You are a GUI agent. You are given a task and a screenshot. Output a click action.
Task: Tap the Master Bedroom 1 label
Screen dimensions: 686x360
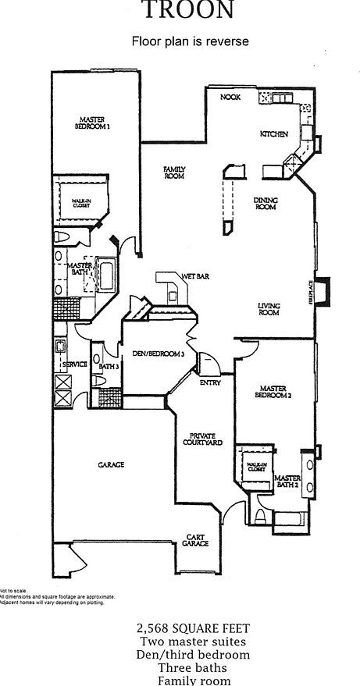92,122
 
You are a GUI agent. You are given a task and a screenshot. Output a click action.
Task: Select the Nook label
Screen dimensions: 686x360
230,97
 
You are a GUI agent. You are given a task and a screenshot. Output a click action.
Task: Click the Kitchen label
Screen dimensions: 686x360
274,134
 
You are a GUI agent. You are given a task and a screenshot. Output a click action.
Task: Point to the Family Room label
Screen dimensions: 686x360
173,172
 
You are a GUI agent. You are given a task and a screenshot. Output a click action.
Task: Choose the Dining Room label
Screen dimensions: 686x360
266,204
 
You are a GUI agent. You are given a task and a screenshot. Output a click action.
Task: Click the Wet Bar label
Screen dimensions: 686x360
195,276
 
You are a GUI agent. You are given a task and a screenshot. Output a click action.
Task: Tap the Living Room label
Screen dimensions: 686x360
269,308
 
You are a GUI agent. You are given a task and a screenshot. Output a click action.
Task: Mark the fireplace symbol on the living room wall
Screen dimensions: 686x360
323,290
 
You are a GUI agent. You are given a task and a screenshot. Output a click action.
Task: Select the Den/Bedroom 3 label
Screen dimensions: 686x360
157,353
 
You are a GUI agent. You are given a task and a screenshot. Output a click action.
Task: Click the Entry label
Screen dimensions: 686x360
210,382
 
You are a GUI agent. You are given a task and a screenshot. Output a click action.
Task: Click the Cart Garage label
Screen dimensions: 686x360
196,540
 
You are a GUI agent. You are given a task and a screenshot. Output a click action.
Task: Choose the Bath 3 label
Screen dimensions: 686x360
109,366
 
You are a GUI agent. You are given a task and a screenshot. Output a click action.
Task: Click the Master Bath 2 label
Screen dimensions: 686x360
287,482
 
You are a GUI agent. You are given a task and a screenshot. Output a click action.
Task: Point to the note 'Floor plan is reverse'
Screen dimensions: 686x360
191,41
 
